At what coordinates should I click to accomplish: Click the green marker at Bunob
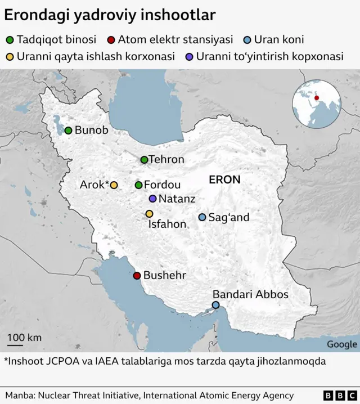pos(68,131)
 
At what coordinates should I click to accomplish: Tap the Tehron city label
pos(166,160)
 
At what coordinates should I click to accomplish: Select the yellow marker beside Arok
pos(114,185)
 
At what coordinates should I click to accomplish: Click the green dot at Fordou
pos(138,185)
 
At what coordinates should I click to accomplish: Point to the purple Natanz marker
pos(152,199)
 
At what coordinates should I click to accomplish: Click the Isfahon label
pos(166,224)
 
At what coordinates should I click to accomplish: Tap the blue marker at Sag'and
pos(202,217)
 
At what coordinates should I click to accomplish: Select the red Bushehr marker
pos(137,276)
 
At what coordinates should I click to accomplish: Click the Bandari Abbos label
pos(250,294)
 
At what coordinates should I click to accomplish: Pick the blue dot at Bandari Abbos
pos(215,305)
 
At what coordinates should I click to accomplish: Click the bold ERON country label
pos(224,180)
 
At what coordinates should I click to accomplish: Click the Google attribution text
pos(341,344)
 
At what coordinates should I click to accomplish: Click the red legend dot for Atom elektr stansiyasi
pos(111,40)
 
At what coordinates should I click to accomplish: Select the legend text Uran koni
pos(279,40)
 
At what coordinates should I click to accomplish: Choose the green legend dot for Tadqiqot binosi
pos(10,40)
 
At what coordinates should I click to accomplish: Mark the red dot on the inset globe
pos(317,98)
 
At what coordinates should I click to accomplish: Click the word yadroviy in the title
pos(100,15)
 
